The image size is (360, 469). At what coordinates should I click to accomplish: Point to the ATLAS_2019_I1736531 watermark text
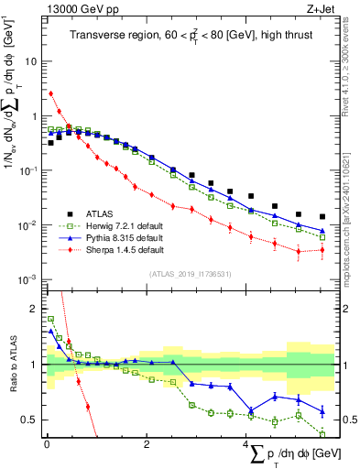190,273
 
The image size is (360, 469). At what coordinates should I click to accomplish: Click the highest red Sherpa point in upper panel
51,93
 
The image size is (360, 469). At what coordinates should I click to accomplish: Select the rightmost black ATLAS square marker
322,217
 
